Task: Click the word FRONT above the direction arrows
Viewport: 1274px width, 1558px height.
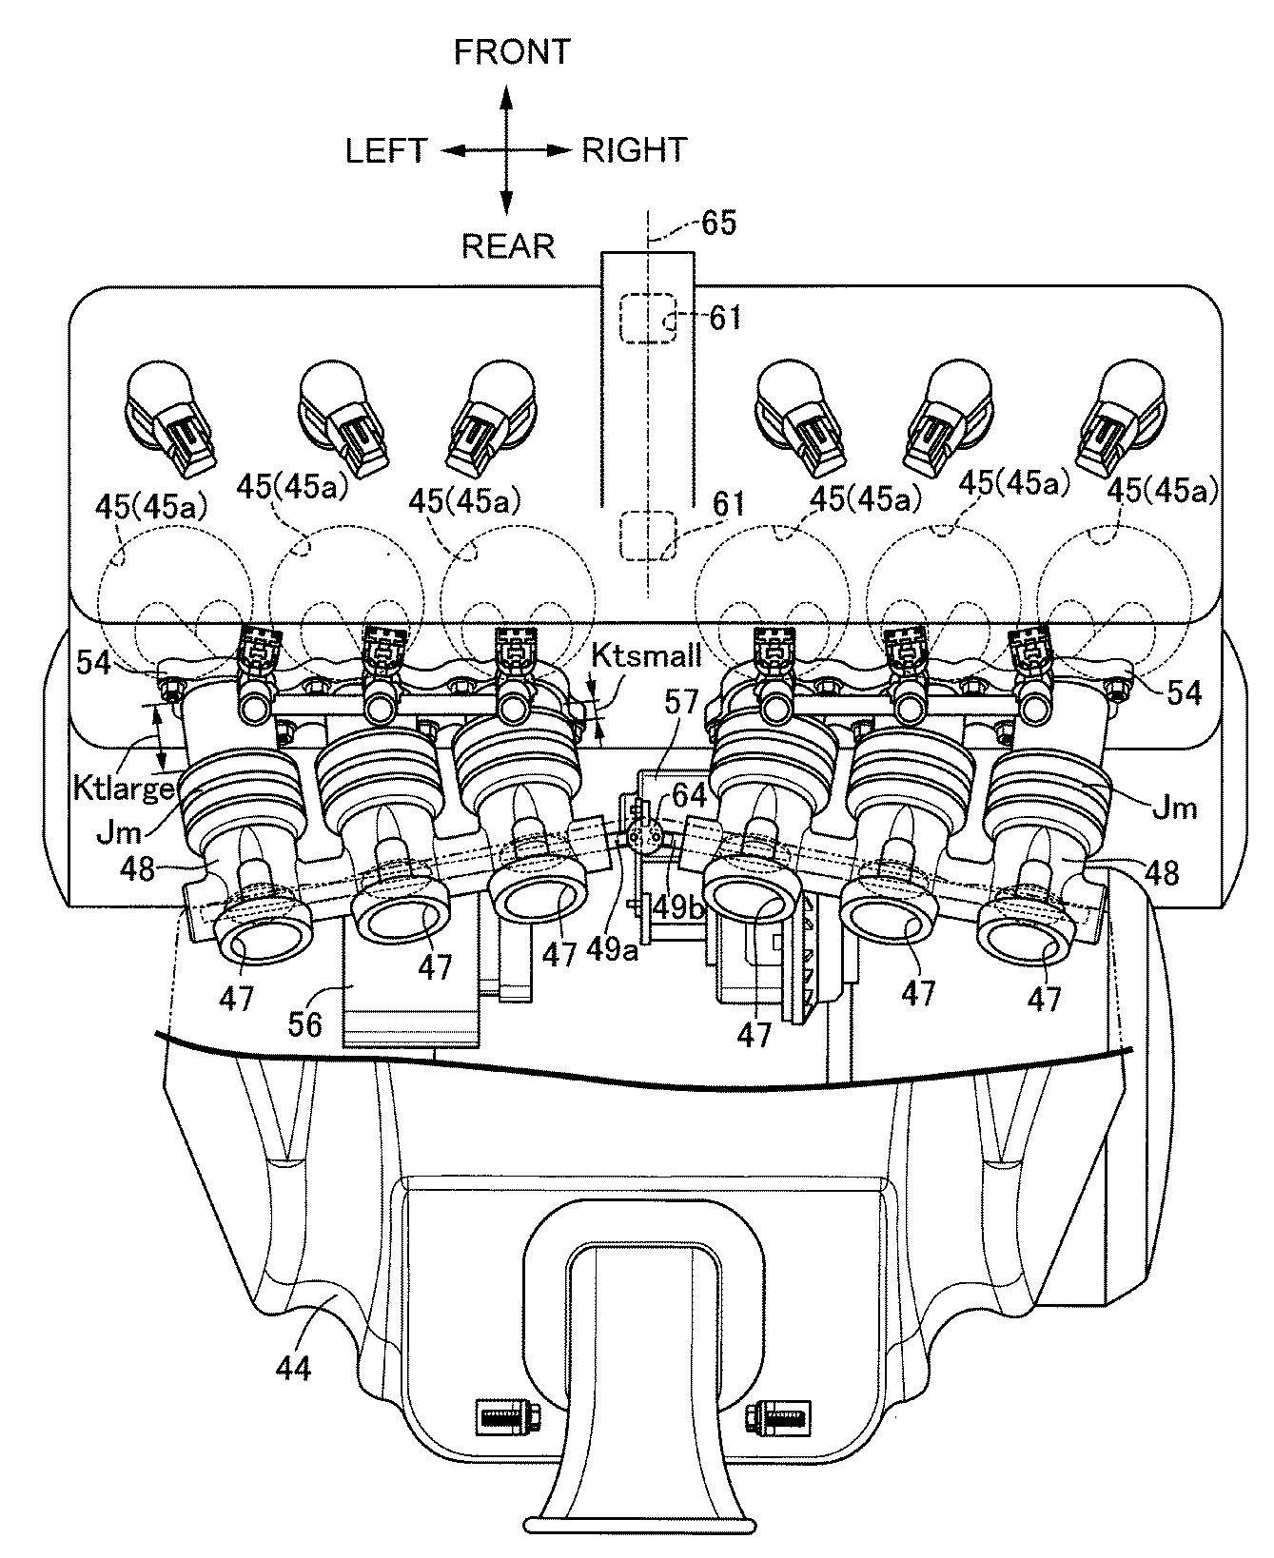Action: (x=511, y=52)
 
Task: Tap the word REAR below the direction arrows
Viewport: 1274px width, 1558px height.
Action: (x=507, y=246)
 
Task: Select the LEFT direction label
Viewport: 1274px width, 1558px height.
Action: (x=386, y=150)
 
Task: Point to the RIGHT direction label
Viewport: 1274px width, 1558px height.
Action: (x=635, y=150)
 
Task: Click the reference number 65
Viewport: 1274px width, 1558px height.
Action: (x=718, y=224)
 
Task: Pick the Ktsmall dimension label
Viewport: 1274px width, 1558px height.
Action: (x=646, y=655)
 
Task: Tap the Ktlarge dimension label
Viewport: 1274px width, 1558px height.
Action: (x=123, y=789)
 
